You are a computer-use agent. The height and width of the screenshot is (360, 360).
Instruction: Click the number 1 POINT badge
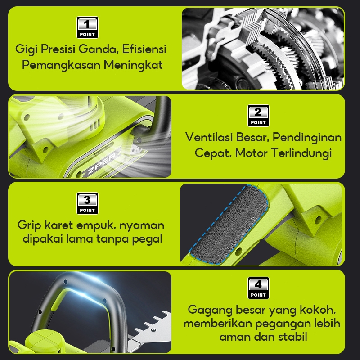87,27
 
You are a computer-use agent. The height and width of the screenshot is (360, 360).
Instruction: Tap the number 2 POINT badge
258,116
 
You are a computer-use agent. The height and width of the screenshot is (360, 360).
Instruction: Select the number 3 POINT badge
87,203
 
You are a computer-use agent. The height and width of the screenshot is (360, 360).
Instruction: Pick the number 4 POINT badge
258,288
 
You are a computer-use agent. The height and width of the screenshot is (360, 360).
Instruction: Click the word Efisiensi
144,49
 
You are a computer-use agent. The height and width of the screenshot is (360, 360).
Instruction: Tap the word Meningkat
133,65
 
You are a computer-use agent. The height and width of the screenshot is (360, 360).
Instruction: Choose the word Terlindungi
301,153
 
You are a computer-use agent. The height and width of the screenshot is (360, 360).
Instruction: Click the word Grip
29,225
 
